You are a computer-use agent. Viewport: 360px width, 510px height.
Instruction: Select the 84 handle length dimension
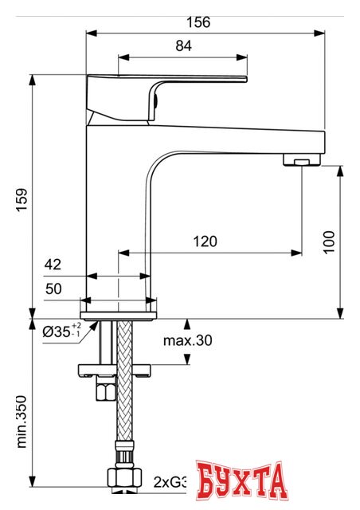click(183, 46)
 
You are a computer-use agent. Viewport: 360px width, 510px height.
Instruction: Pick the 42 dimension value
click(53, 265)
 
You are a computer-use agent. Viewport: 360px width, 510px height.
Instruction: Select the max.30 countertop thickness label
click(188, 340)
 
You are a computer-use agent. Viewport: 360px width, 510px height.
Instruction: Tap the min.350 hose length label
click(23, 430)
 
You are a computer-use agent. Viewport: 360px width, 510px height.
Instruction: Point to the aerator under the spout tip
click(301, 163)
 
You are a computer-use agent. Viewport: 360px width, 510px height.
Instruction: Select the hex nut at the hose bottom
click(123, 478)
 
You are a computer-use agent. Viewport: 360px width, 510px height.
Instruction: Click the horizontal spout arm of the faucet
click(239, 140)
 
